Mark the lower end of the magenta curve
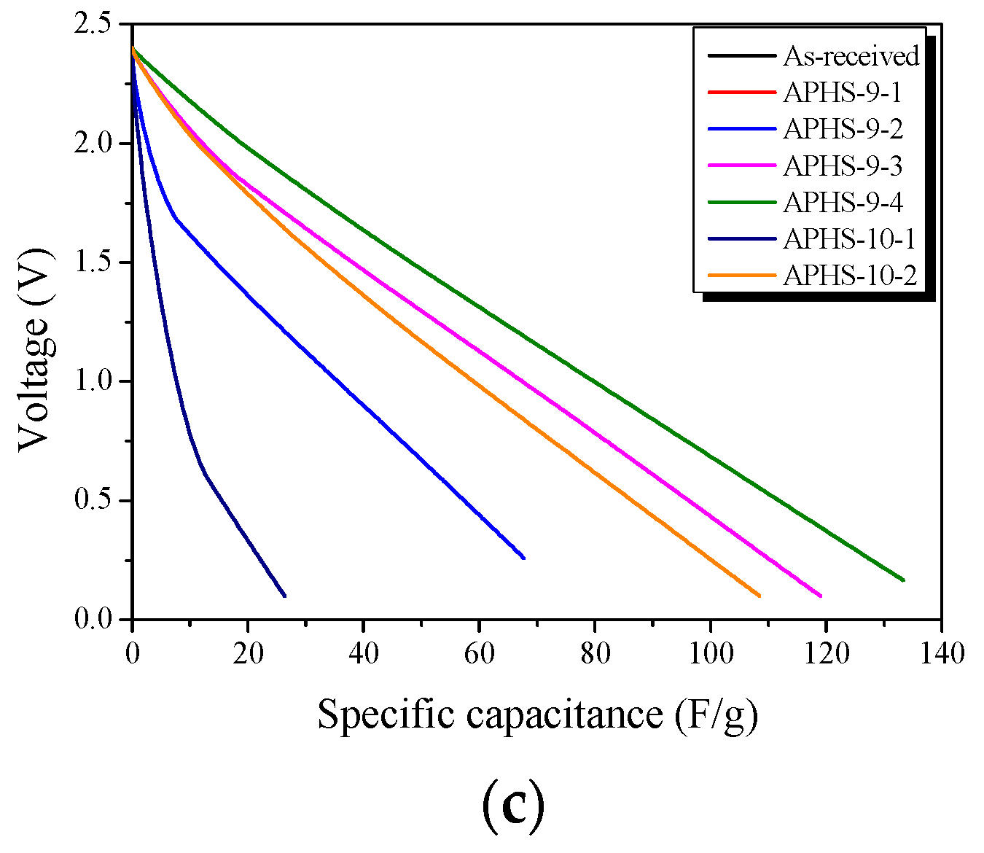pos(821,596)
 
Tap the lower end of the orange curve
pos(760,596)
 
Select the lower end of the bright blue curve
pos(523,558)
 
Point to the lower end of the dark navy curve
pos(284,596)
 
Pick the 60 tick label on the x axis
pos(479,653)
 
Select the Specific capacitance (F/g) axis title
pos(537,714)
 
